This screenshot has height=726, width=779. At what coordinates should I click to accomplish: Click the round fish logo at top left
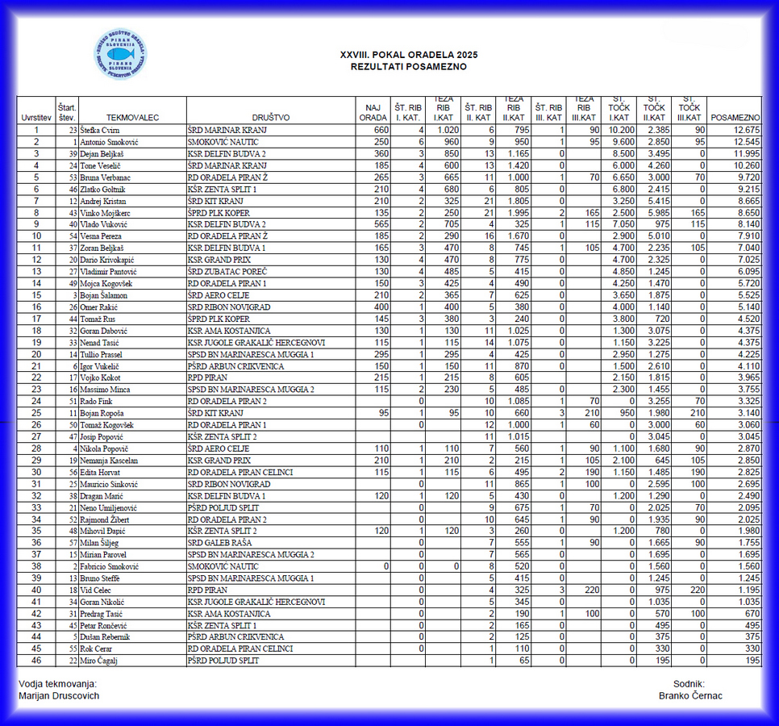120,54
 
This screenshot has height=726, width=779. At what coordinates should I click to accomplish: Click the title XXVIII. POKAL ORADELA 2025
409,55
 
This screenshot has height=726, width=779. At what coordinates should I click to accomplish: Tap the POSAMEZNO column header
736,118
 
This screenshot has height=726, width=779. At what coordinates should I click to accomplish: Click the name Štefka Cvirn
100,130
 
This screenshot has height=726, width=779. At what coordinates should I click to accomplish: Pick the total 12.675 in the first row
747,130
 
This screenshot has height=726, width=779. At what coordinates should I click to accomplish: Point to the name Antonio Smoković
110,141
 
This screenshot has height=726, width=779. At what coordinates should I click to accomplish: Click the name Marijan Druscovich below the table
59,696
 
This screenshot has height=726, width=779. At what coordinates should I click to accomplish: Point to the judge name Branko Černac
690,696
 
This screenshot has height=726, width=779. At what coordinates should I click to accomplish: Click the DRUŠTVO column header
271,118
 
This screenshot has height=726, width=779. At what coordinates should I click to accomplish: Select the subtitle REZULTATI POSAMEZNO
408,67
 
